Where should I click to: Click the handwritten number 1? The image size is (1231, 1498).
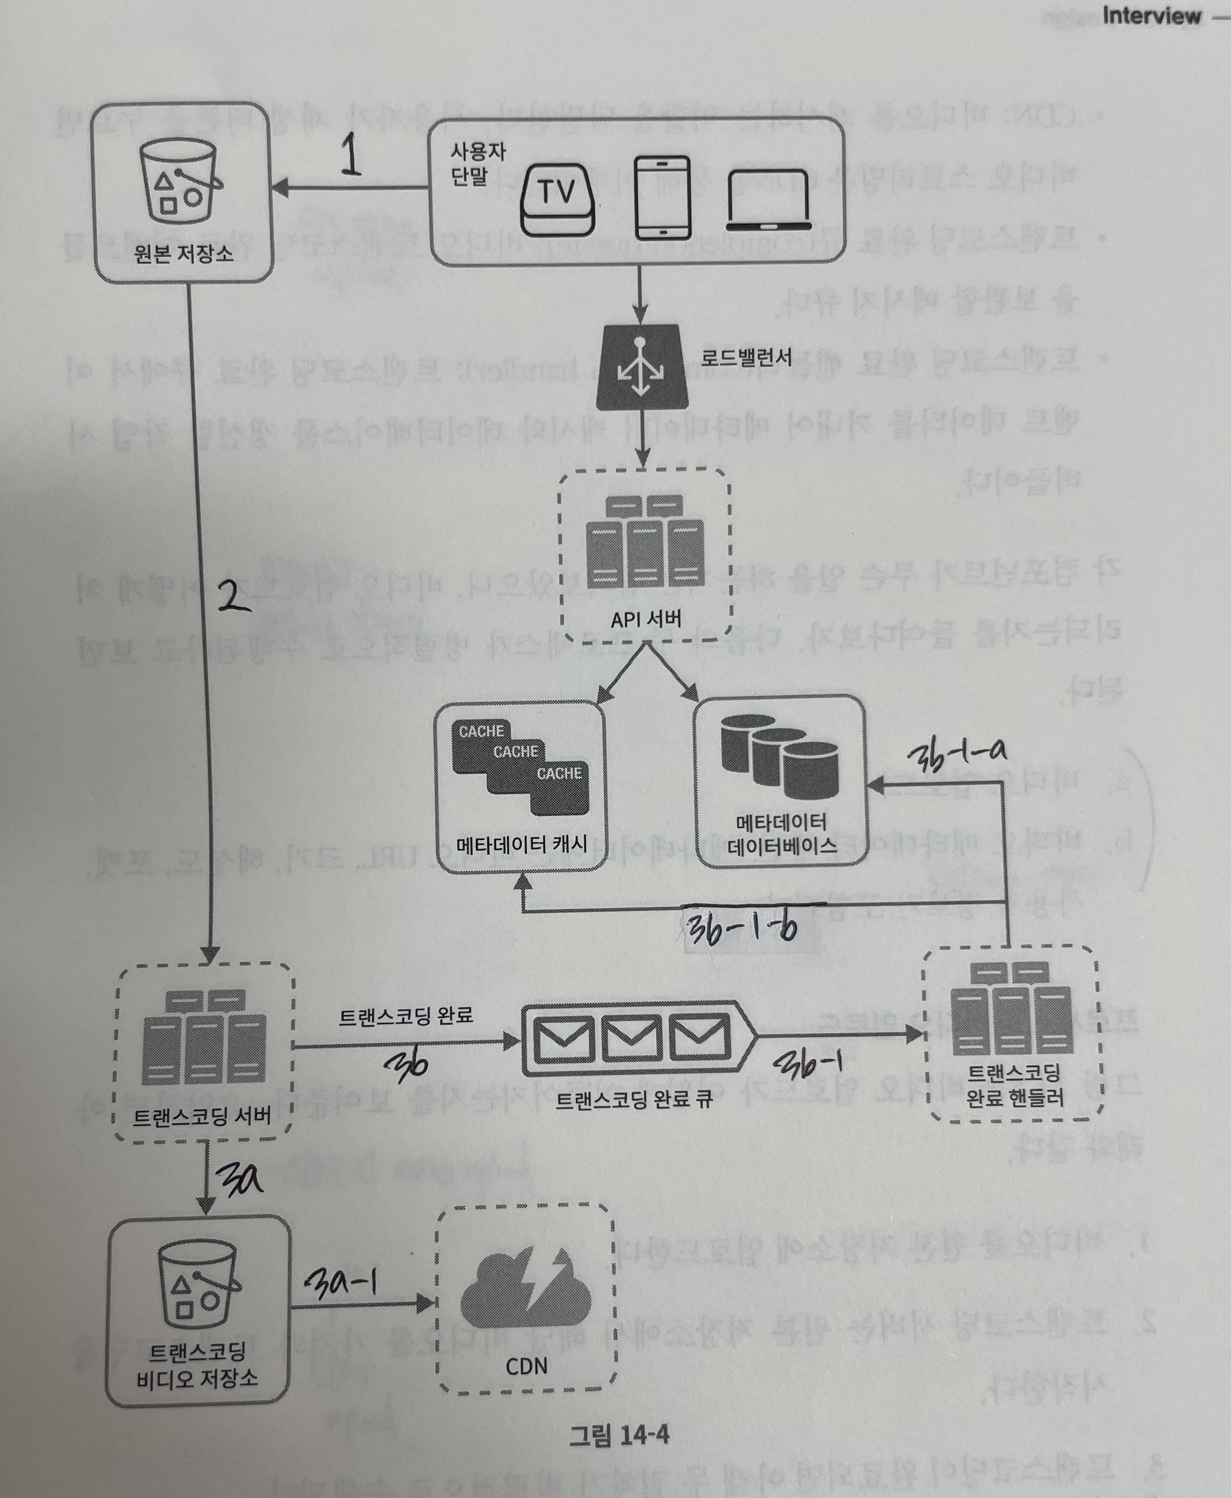350,156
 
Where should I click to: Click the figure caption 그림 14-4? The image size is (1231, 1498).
619,1436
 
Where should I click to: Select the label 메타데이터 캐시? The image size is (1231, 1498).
521,844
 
